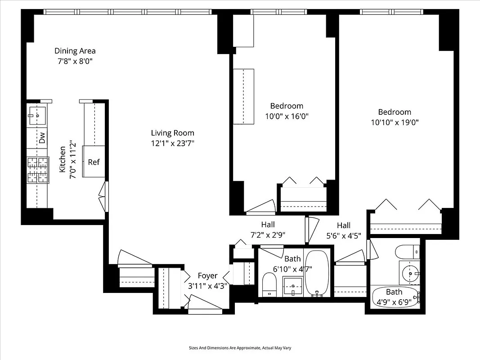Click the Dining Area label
[x=75, y=51]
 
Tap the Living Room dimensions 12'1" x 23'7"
[x=172, y=143]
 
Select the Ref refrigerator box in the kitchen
[x=94, y=162]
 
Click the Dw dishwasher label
[x=42, y=138]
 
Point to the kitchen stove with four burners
[x=38, y=170]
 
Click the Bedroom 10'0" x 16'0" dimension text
[x=287, y=116]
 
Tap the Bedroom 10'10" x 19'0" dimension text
[x=395, y=122]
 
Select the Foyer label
[x=207, y=276]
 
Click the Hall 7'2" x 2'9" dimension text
[x=268, y=234]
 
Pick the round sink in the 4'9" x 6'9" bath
[x=410, y=272]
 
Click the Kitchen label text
[x=63, y=159]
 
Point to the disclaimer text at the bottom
[x=239, y=348]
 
